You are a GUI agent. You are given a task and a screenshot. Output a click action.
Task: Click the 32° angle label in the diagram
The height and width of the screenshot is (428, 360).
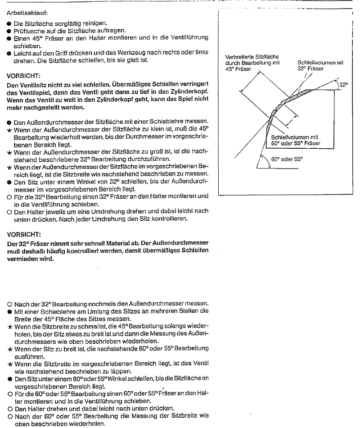344,85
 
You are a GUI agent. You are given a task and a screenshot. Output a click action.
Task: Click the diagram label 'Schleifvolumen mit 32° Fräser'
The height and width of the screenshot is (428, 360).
320,66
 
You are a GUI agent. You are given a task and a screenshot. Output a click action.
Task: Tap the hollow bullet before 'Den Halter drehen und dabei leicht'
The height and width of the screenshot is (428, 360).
9,409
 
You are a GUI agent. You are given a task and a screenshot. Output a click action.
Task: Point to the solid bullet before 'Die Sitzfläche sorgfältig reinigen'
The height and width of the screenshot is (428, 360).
9,23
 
